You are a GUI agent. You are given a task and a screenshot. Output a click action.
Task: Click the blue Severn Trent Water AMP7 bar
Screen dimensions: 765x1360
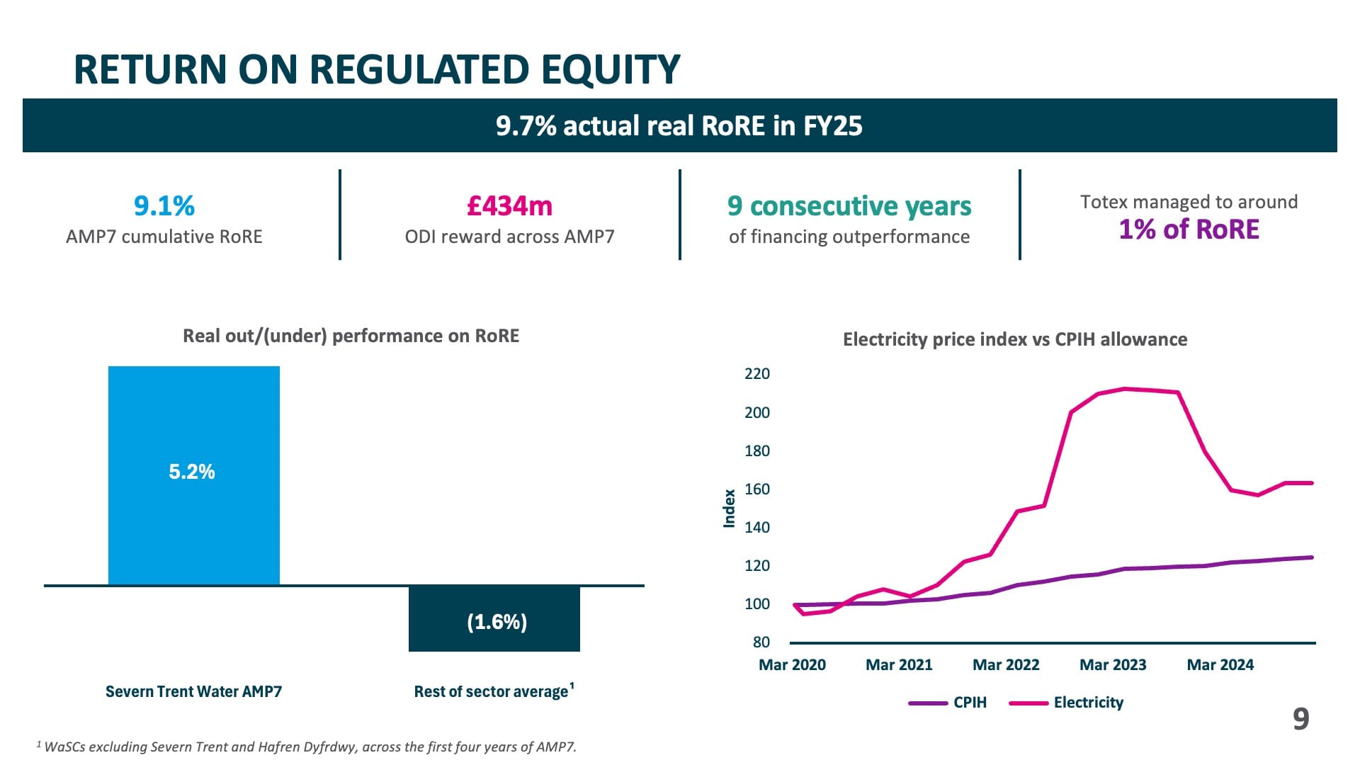tap(193, 524)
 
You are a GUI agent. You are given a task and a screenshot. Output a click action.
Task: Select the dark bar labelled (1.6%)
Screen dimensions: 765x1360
tap(494, 637)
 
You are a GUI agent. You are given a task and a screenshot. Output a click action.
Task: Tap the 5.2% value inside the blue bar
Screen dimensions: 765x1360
tap(192, 472)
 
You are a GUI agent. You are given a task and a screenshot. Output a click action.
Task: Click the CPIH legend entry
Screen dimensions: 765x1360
tap(969, 703)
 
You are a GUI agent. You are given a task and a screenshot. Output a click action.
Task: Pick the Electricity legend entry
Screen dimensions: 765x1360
tap(1088, 703)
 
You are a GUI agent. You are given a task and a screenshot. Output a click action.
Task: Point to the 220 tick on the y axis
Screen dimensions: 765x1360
tap(756, 374)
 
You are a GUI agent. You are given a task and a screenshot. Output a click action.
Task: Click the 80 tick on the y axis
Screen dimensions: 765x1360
tap(761, 642)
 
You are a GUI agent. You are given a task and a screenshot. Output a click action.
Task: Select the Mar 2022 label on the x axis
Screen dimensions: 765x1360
tap(1006, 665)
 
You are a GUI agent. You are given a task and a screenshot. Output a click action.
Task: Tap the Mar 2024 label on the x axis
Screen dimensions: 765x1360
tap(1220, 665)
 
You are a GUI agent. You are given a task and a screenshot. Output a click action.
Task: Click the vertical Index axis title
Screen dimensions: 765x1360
tap(729, 509)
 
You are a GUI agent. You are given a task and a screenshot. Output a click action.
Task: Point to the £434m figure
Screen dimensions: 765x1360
tap(509, 206)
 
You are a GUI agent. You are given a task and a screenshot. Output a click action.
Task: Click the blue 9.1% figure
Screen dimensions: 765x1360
tap(164, 206)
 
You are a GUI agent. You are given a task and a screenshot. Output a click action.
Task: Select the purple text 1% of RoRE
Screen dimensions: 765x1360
tap(1189, 229)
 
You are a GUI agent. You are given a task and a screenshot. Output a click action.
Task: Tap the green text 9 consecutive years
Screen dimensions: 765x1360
tap(849, 206)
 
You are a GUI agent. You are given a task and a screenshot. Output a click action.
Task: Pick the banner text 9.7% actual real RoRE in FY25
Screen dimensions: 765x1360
tap(679, 126)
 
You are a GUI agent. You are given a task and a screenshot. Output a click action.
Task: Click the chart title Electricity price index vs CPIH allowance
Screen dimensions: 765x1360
tap(1014, 340)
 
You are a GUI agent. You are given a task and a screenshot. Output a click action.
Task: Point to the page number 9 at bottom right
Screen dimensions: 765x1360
tap(1300, 719)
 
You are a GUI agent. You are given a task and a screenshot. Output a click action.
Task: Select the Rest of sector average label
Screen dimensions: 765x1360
tap(492, 691)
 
